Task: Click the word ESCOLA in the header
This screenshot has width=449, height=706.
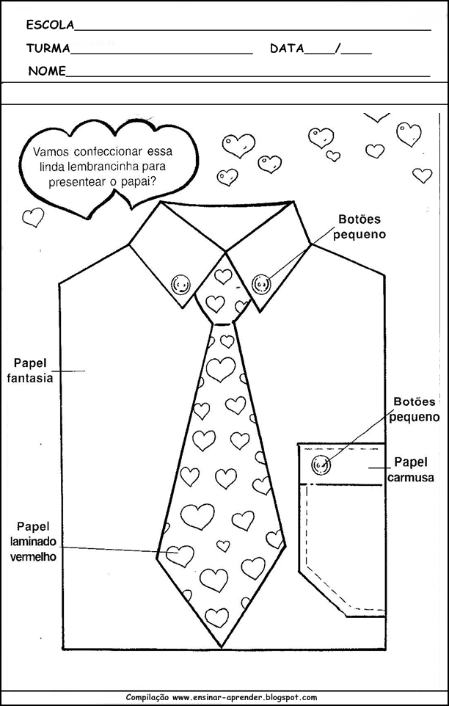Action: [x=50, y=25]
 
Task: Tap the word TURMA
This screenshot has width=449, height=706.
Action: [x=48, y=49]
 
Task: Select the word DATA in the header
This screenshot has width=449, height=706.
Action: [x=287, y=49]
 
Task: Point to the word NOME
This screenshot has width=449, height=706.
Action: [x=47, y=71]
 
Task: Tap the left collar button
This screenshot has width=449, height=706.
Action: [x=180, y=283]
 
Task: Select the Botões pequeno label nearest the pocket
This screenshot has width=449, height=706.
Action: [x=415, y=410]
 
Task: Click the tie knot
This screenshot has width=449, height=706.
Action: [x=220, y=294]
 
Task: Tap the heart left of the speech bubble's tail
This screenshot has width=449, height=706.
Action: [x=33, y=216]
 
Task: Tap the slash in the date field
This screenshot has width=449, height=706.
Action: [x=337, y=49]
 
